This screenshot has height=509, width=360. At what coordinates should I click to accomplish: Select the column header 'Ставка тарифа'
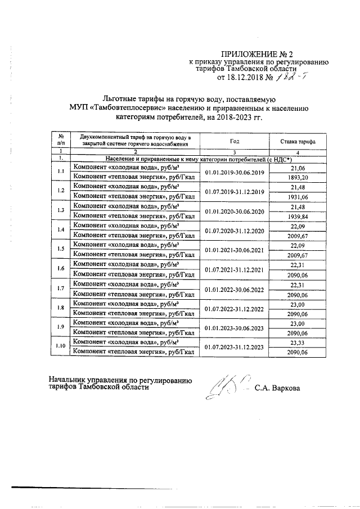tap(294, 141)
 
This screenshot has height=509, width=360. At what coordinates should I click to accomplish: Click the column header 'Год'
tap(235, 141)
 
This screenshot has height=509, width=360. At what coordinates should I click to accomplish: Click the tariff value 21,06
tap(294, 168)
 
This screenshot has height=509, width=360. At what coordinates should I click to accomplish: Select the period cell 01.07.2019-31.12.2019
tap(235, 192)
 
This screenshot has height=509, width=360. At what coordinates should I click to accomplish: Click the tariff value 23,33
tap(294, 342)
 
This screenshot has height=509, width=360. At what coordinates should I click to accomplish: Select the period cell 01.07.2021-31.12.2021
tap(235, 269)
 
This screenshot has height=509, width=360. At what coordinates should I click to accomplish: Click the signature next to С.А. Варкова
tap(225, 387)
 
